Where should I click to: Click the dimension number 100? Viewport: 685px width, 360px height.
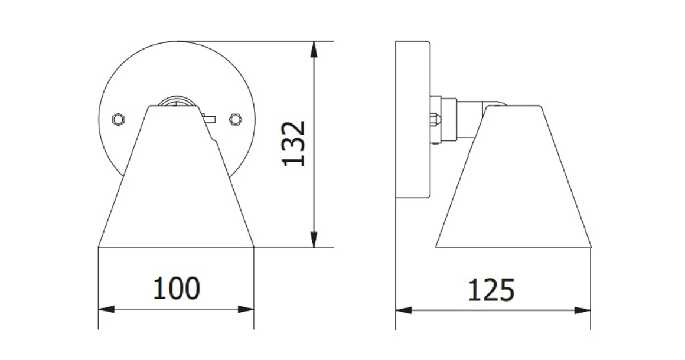177,289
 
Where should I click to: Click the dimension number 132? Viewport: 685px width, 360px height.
293,143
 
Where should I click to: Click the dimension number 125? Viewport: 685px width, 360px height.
491,290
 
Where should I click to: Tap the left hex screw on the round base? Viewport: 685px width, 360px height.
118,119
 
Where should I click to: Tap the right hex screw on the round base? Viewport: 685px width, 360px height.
235,119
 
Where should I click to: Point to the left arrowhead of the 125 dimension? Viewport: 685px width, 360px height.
404,310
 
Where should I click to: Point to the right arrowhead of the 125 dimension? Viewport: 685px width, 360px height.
583,310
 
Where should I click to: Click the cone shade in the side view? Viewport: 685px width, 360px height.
513,189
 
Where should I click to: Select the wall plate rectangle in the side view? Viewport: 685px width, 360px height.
412,118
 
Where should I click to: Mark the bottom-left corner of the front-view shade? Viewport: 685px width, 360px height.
99,247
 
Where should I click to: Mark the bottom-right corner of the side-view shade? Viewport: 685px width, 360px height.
591,247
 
